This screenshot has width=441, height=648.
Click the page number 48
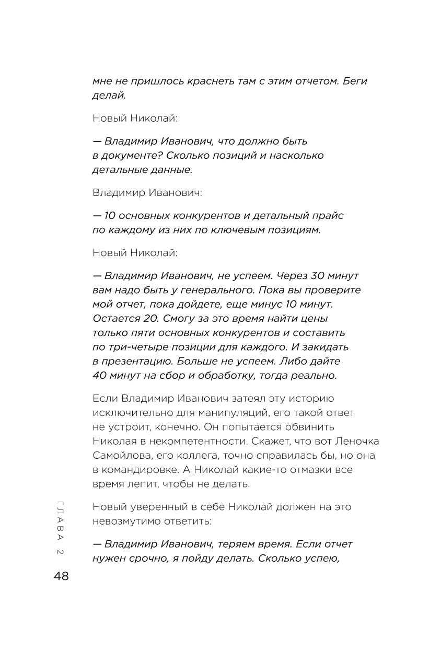point(61,576)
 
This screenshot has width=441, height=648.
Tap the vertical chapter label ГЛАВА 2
point(60,528)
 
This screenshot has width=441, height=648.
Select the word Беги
point(355,82)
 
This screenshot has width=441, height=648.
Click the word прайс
point(328,215)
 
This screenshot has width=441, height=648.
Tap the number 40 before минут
point(100,375)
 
